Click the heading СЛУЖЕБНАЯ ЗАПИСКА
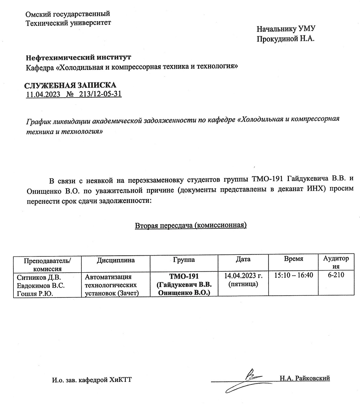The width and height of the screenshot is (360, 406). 70,85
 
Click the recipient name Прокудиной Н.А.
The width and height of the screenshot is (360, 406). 286,39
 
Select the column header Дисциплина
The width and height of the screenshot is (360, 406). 116,260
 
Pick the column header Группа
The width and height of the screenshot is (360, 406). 184,260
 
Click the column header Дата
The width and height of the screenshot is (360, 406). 243,259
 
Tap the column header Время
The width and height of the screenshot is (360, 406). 293,259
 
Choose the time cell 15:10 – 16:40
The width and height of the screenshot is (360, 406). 293,275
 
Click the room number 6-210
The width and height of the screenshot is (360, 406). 336,275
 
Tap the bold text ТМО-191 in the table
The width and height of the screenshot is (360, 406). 184,276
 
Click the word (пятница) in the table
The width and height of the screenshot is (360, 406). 243,284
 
